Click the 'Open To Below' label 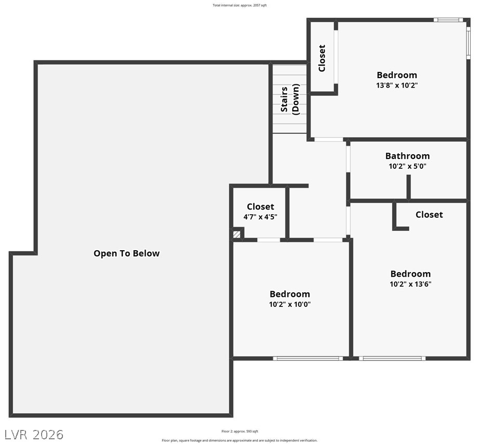(x=126, y=254)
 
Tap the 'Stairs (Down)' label (x=290, y=100)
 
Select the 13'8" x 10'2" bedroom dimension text (x=397, y=85)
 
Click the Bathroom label (x=407, y=156)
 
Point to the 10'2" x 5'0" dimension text (x=407, y=167)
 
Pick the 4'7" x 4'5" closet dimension (x=260, y=217)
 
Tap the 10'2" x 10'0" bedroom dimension (x=290, y=304)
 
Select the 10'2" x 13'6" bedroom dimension (x=410, y=285)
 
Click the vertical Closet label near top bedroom (x=322, y=58)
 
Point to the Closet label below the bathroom (x=429, y=215)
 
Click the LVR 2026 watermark (x=34, y=434)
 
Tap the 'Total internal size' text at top (x=239, y=5)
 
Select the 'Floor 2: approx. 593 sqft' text (x=239, y=431)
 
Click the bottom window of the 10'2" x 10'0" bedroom (x=307, y=359)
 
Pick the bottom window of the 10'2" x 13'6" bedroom (x=392, y=359)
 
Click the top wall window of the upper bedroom (x=448, y=20)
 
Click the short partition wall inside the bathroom (x=409, y=187)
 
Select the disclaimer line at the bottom (x=239, y=440)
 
